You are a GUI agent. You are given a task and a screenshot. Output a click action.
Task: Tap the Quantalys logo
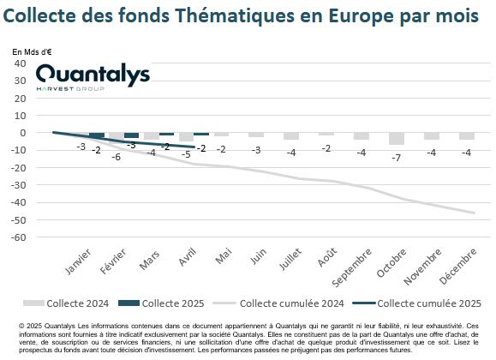(93, 78)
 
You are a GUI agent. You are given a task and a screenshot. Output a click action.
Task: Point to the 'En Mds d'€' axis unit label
(32, 52)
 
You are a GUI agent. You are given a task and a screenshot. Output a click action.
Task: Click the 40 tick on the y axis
(20, 63)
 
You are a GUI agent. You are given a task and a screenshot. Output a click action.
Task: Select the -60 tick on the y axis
(18, 237)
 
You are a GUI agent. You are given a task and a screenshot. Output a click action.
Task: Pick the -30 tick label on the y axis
(18, 185)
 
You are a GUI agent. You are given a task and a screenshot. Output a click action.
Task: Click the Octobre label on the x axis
(391, 263)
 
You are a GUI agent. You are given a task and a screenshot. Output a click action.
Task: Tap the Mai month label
(224, 255)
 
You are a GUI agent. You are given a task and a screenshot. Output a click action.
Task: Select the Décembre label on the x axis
(457, 266)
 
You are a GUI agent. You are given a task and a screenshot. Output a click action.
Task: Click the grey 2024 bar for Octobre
(397, 139)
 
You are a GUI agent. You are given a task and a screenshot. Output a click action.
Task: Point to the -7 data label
(397, 158)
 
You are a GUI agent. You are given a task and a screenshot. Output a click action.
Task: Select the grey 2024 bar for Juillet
(291, 136)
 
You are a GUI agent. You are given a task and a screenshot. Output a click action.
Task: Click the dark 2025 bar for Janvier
(97, 135)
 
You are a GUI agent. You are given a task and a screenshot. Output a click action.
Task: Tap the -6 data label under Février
(117, 157)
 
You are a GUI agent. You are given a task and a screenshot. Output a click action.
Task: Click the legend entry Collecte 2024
(66, 303)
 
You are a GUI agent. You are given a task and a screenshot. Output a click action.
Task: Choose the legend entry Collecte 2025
(161, 303)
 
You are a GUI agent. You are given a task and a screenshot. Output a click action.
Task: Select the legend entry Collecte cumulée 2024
(278, 303)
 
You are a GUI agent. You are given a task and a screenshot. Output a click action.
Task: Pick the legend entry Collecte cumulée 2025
(417, 303)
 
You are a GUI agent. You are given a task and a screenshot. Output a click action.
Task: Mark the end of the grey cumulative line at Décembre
(475, 213)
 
